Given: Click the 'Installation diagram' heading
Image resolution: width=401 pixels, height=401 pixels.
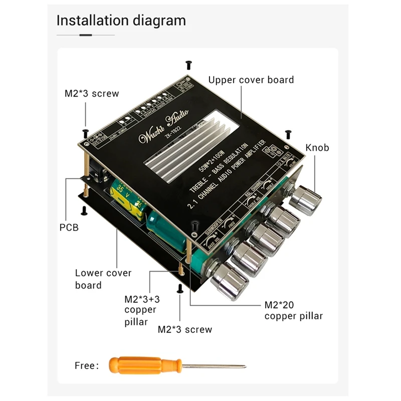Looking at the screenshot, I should (x=121, y=21).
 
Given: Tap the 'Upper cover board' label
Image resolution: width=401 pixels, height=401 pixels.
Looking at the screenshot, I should (x=251, y=80).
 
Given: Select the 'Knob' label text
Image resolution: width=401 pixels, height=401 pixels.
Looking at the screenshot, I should (x=317, y=147).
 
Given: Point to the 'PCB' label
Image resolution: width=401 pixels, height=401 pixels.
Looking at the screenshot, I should (x=69, y=227).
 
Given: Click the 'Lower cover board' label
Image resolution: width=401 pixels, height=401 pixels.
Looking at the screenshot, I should (x=103, y=279).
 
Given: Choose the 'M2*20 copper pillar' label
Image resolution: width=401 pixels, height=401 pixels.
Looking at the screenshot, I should (x=293, y=310).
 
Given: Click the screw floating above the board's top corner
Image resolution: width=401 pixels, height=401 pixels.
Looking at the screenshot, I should (x=188, y=65).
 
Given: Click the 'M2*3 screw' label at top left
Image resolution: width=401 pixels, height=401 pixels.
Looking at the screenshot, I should (x=92, y=93).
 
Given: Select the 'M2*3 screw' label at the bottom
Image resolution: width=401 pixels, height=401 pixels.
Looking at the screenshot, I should (x=185, y=329).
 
